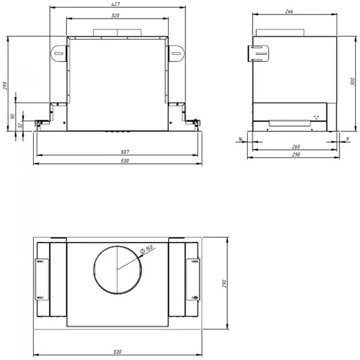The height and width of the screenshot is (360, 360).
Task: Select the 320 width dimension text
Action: pos(117,15)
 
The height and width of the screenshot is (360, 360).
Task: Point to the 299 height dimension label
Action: pos(5,86)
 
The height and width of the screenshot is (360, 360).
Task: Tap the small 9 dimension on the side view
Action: pos(348,139)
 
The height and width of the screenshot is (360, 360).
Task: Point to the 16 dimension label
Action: pos(240,139)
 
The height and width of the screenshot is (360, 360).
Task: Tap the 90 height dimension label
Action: pos(13,116)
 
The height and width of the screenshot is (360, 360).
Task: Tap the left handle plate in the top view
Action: pos(42,279)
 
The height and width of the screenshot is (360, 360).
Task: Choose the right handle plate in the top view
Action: pos(193,279)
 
